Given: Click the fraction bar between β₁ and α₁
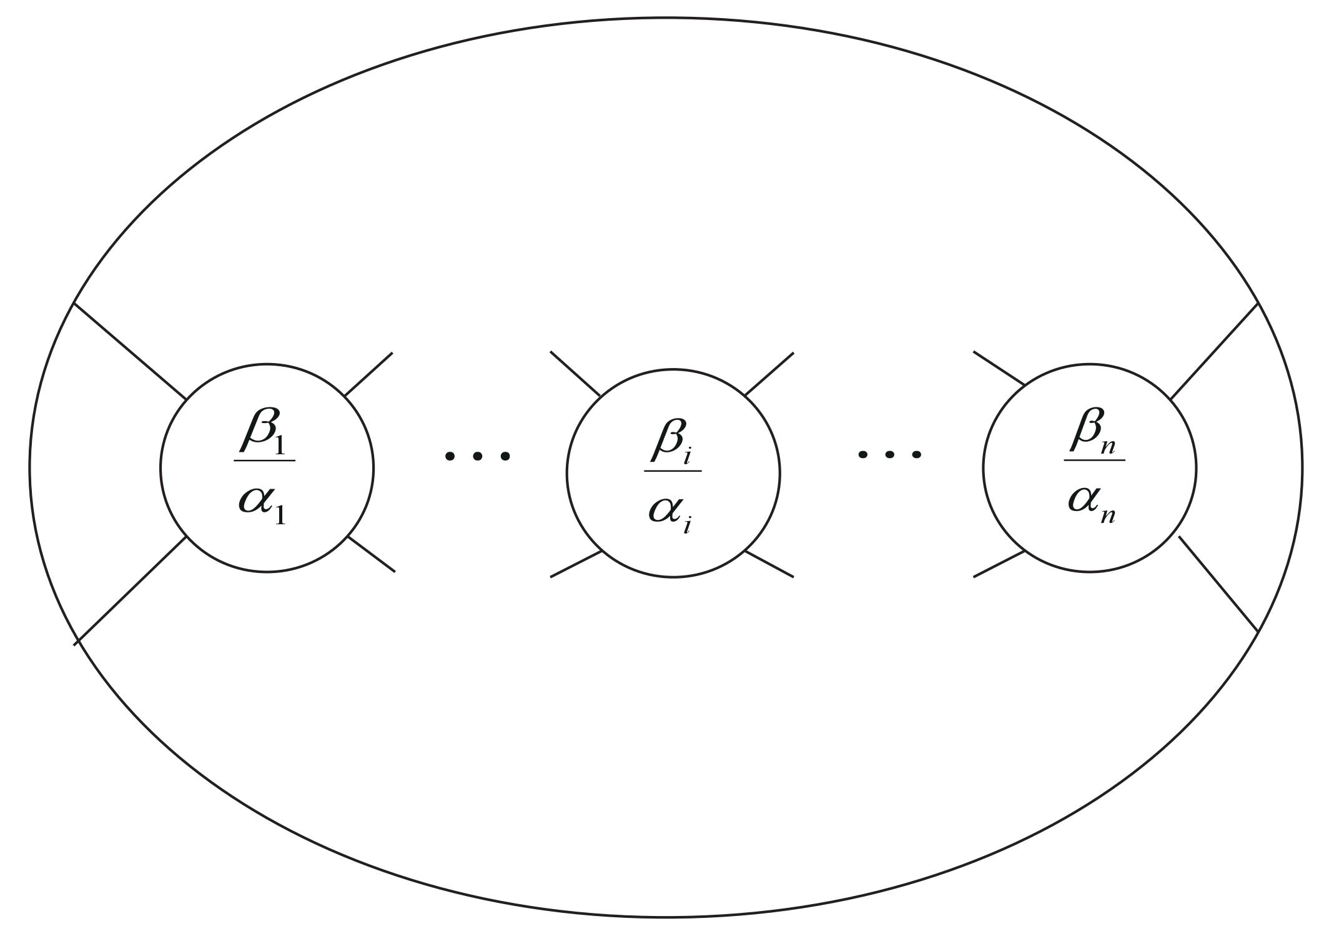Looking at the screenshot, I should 265,461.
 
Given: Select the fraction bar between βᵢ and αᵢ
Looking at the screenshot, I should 673,470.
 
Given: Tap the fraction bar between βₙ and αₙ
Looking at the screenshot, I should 1094,461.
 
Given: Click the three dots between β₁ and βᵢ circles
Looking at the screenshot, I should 477,456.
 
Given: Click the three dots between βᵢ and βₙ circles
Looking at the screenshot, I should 889,454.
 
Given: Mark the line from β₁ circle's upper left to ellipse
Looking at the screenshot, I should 130,351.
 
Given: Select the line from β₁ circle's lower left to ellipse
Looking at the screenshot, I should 130,590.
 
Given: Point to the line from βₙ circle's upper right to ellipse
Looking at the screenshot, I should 1213,351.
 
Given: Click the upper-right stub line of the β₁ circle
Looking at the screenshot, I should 368,374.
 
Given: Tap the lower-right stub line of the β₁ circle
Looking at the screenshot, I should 371,554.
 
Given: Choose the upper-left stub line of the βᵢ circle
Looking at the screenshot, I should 575,374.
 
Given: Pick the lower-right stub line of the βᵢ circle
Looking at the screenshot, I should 769,564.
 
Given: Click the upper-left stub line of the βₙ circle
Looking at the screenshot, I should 999,368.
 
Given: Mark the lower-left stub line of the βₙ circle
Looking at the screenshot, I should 999,564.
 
